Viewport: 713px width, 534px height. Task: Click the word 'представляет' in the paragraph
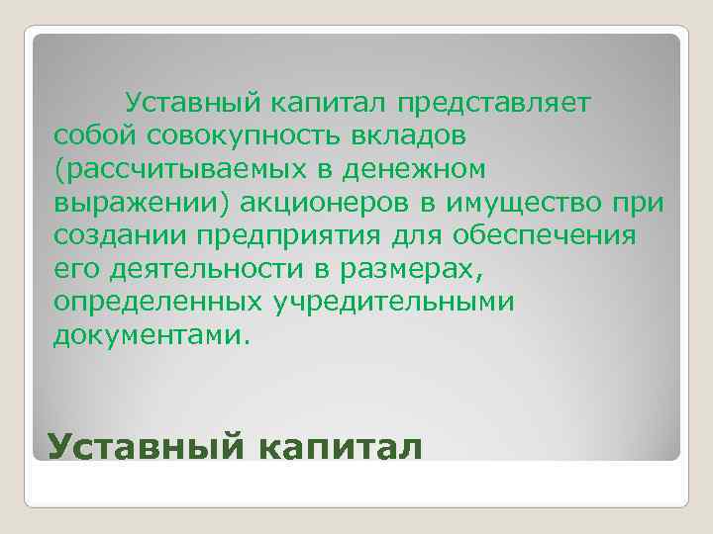point(494,103)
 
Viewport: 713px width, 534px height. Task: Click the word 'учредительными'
point(390,302)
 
